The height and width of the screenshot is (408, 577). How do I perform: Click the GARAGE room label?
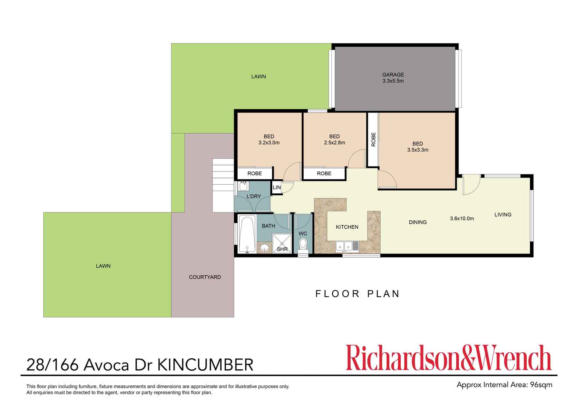click(x=393, y=75)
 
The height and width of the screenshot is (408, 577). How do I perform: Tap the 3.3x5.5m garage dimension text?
click(x=393, y=81)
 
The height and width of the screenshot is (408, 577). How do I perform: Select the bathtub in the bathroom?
click(x=247, y=234)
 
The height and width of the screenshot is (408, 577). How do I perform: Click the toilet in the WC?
click(x=303, y=245)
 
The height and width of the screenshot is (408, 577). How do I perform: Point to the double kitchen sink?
click(x=344, y=246)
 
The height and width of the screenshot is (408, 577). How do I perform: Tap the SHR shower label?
click(x=282, y=249)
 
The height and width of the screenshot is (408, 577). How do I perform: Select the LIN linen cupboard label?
click(x=277, y=187)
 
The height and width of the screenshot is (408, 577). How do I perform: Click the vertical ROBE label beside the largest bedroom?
click(x=373, y=139)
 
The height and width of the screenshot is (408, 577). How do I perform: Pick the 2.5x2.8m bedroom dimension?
click(x=334, y=143)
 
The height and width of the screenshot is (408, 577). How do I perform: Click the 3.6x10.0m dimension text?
click(x=462, y=218)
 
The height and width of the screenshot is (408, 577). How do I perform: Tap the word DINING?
click(x=418, y=222)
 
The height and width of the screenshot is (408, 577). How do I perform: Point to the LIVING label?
click(x=503, y=215)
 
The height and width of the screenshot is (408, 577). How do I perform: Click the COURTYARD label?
click(x=205, y=277)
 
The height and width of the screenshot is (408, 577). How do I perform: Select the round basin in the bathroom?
click(x=265, y=247)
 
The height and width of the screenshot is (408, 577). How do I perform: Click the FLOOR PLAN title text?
click(x=357, y=294)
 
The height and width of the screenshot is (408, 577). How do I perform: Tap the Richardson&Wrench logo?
click(x=448, y=358)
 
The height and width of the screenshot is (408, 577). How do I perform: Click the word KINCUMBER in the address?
click(x=205, y=365)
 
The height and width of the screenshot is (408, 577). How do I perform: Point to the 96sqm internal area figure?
click(x=541, y=385)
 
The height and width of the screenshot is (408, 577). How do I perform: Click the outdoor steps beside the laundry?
click(x=223, y=185)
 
